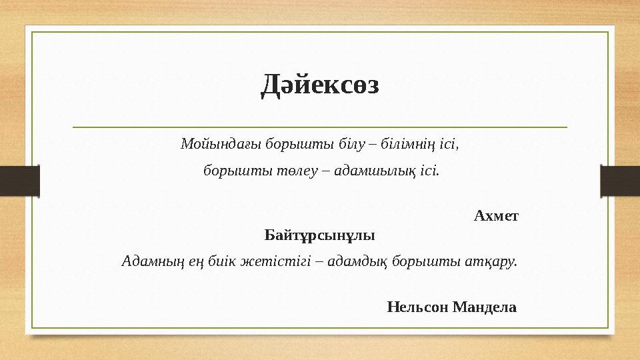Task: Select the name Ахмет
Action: click(x=496, y=216)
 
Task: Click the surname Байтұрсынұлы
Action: click(x=319, y=235)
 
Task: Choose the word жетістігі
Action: click(x=264, y=261)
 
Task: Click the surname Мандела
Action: click(x=485, y=307)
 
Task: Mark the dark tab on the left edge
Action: click(x=19, y=180)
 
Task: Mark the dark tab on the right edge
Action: click(x=620, y=180)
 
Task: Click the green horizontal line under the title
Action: click(x=319, y=127)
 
